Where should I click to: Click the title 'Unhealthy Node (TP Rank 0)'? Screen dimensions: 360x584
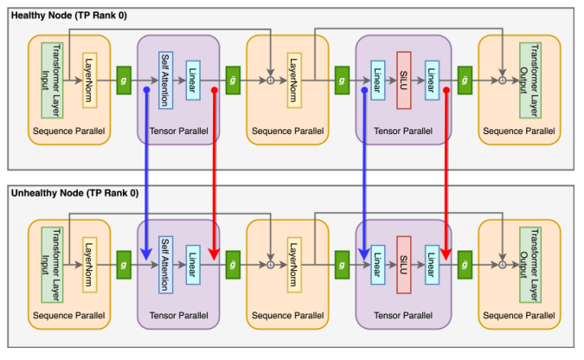[72, 193]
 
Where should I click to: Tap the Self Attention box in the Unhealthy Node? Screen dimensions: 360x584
[166, 254]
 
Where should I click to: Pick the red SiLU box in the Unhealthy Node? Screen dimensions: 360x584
[402, 254]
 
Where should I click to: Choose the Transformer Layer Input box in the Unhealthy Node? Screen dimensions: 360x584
[53, 254]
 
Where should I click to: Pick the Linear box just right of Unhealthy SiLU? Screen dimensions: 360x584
[430, 254]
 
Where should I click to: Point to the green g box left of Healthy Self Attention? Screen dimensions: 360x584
[123, 80]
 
